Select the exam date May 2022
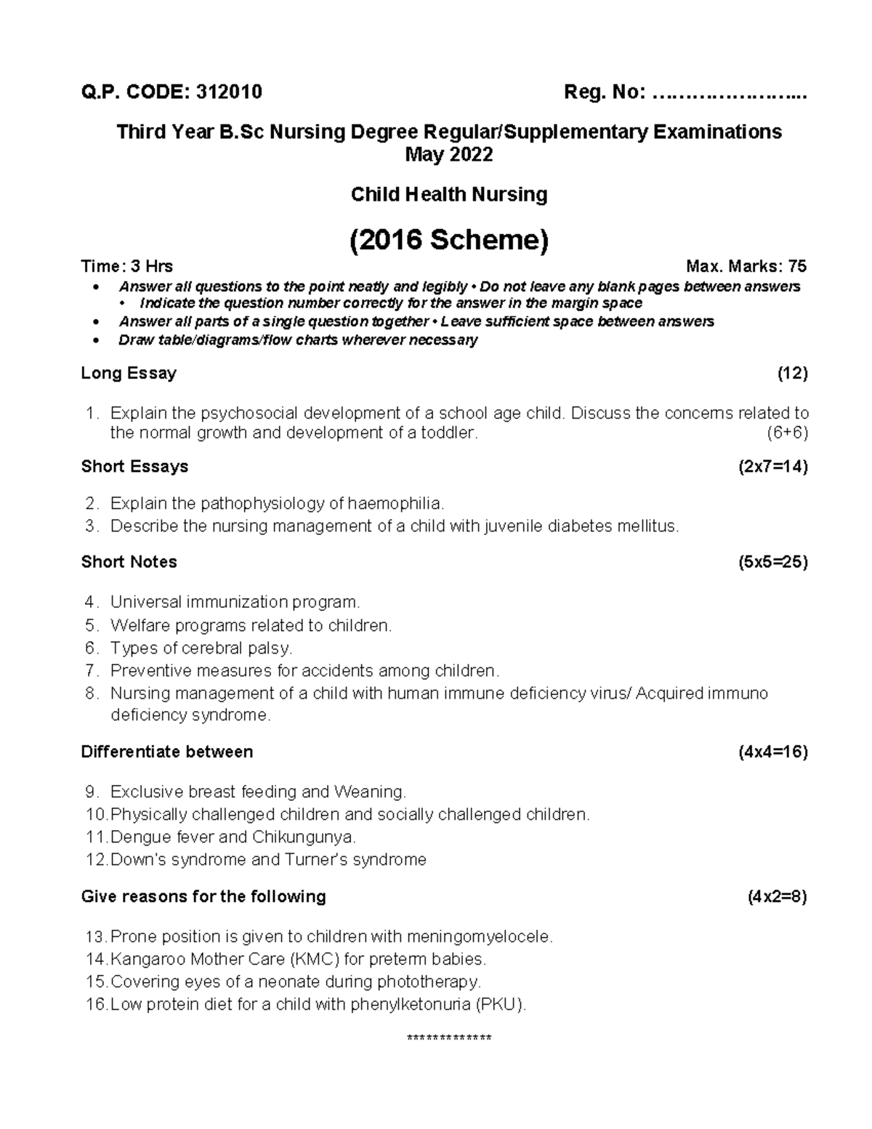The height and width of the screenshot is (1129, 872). pyautogui.click(x=448, y=155)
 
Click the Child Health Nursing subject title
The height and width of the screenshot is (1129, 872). pyautogui.click(x=448, y=194)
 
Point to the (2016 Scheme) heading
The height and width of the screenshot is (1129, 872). pyautogui.click(x=448, y=239)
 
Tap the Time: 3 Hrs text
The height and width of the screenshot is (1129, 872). pyautogui.click(x=127, y=266)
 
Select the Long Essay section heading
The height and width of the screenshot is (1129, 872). pyautogui.click(x=129, y=374)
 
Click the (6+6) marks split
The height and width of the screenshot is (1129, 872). pyautogui.click(x=787, y=433)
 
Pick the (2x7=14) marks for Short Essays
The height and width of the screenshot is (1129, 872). pyautogui.click(x=772, y=467)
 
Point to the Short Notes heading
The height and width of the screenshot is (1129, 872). pyautogui.click(x=129, y=562)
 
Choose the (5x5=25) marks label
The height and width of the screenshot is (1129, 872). pyautogui.click(x=772, y=562)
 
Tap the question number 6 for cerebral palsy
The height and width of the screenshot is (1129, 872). pyautogui.click(x=91, y=648)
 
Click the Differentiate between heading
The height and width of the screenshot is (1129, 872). pyautogui.click(x=167, y=752)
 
